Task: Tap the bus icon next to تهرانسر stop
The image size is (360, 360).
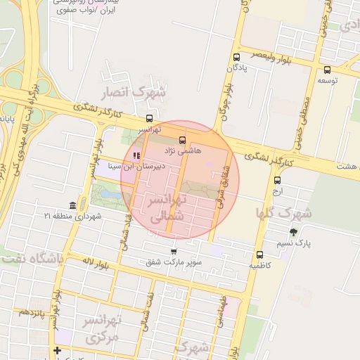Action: point(148,119)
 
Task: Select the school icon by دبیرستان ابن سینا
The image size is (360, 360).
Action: point(136,155)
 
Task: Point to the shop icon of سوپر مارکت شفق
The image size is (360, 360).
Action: point(174,251)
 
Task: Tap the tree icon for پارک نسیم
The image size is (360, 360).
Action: point(293,232)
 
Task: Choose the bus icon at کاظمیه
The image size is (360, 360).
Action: point(259,255)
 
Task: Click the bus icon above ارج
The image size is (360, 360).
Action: point(276,180)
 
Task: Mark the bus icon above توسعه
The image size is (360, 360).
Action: point(327,70)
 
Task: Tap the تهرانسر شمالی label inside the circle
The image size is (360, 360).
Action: point(167,209)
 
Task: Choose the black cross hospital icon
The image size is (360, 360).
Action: point(57,350)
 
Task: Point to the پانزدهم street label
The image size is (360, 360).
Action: point(32,311)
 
